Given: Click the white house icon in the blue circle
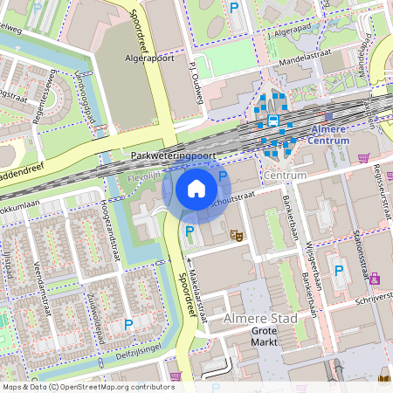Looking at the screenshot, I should point(196,189).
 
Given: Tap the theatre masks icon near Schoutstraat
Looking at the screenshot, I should point(234,233).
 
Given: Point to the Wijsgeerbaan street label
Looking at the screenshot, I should point(311,246).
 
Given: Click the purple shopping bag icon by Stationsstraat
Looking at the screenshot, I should point(375,279).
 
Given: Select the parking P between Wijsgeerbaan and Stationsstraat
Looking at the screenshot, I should point(337,271).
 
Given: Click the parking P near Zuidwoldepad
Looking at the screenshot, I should point(128,324).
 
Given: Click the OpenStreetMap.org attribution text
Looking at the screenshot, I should point(118,387).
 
